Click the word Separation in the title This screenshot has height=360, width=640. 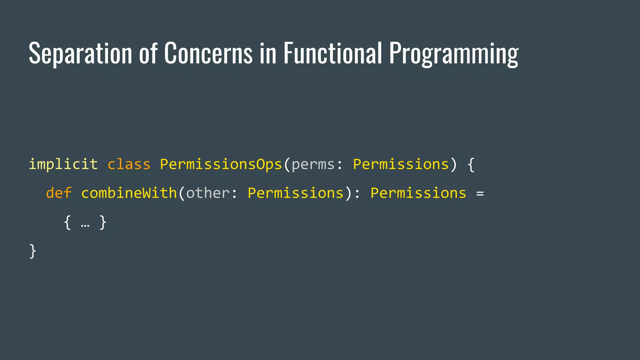80,54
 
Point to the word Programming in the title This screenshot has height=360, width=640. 454,54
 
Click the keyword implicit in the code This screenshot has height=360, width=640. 63,164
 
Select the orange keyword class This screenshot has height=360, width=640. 129,164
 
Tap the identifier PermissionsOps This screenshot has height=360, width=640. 221,164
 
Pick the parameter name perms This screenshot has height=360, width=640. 313,164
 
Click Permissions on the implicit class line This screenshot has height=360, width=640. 401,164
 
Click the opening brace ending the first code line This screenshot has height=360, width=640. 471,164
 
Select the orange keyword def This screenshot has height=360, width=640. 59,193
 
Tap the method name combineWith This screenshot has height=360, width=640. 129,193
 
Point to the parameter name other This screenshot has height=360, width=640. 208,193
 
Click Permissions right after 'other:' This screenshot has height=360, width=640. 296,193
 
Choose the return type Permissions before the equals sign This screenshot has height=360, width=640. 418,193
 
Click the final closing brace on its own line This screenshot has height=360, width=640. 32,251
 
